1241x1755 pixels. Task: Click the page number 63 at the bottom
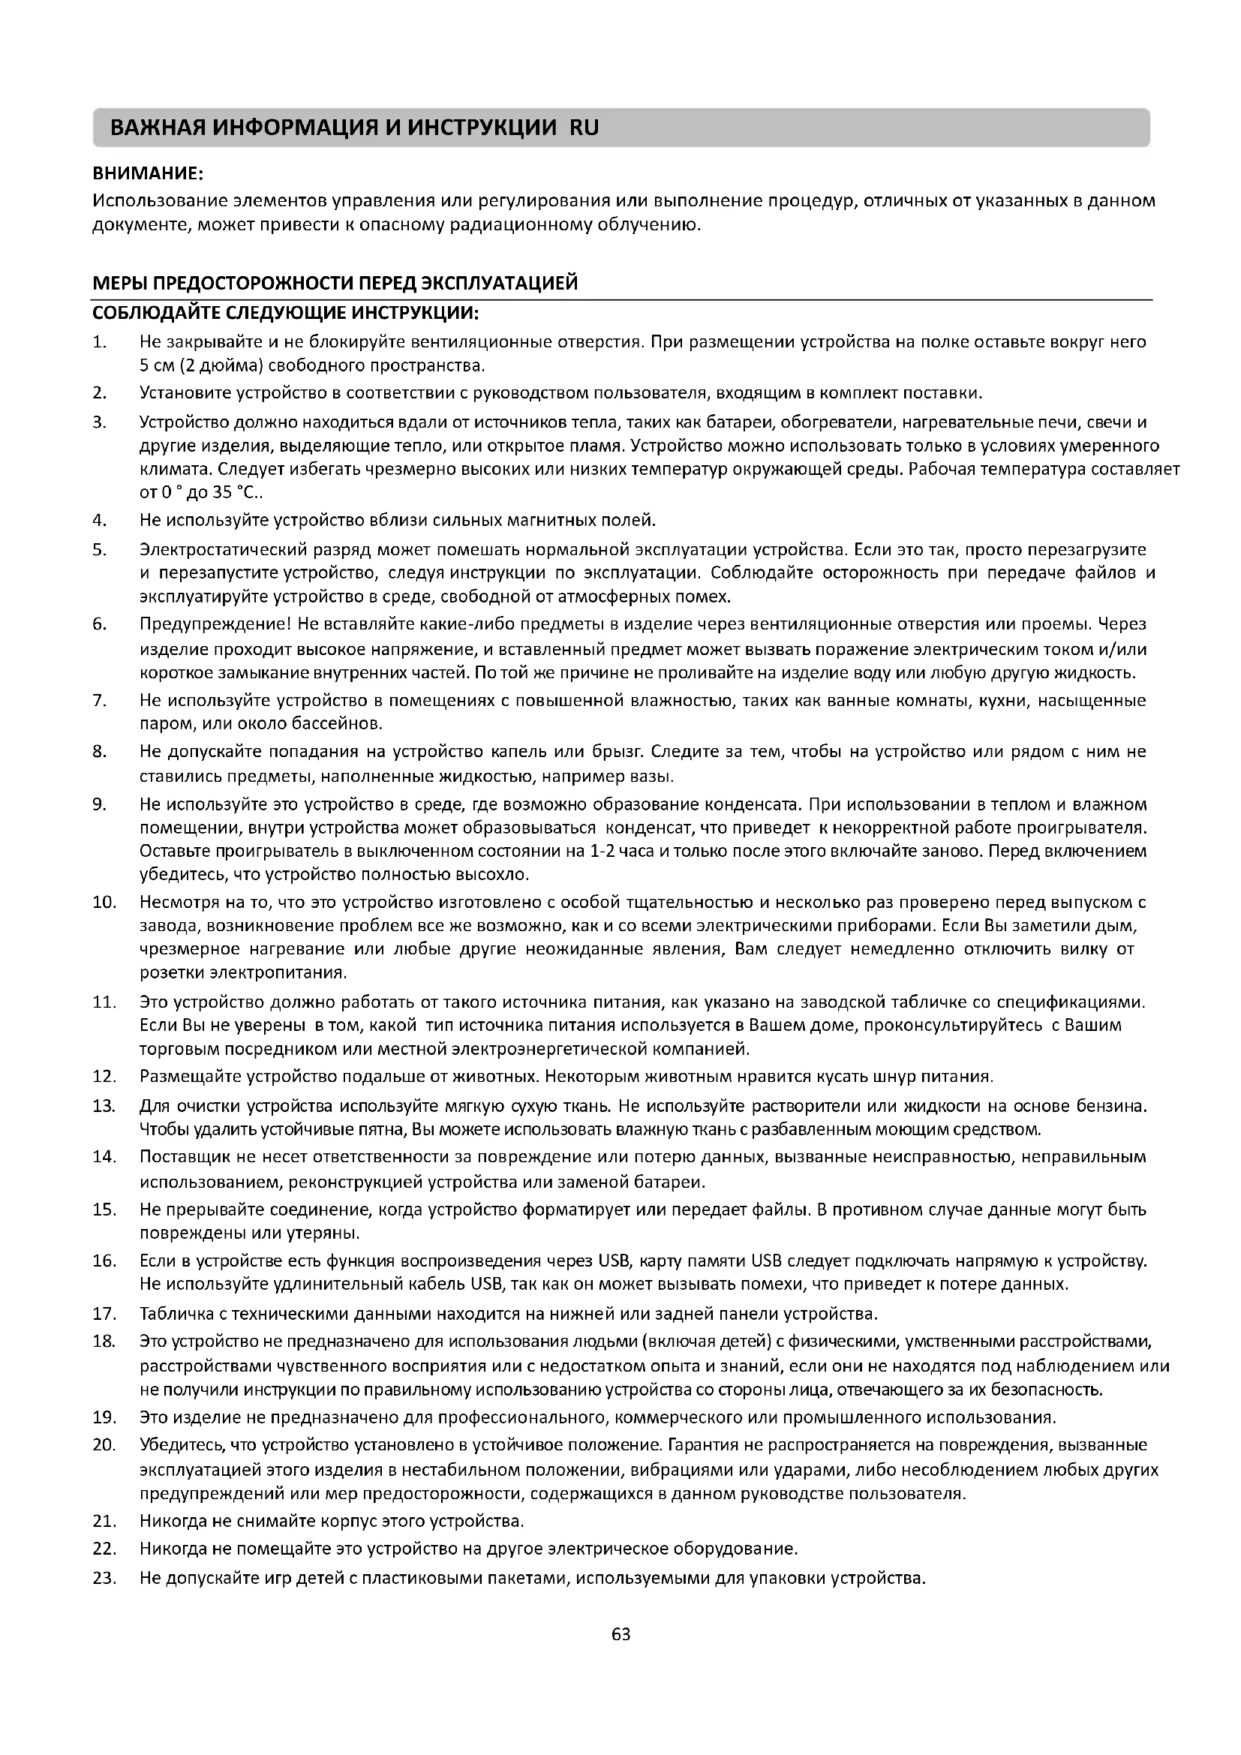pyautogui.click(x=620, y=1635)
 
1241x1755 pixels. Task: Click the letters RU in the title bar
pyautogui.click(x=584, y=128)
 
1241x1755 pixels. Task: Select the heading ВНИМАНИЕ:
pyautogui.click(x=148, y=173)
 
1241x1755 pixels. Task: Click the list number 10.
pyautogui.click(x=104, y=903)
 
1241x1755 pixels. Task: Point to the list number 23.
pyautogui.click(x=104, y=1578)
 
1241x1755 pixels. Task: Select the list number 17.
pyautogui.click(x=104, y=1314)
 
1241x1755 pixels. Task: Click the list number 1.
pyautogui.click(x=98, y=341)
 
